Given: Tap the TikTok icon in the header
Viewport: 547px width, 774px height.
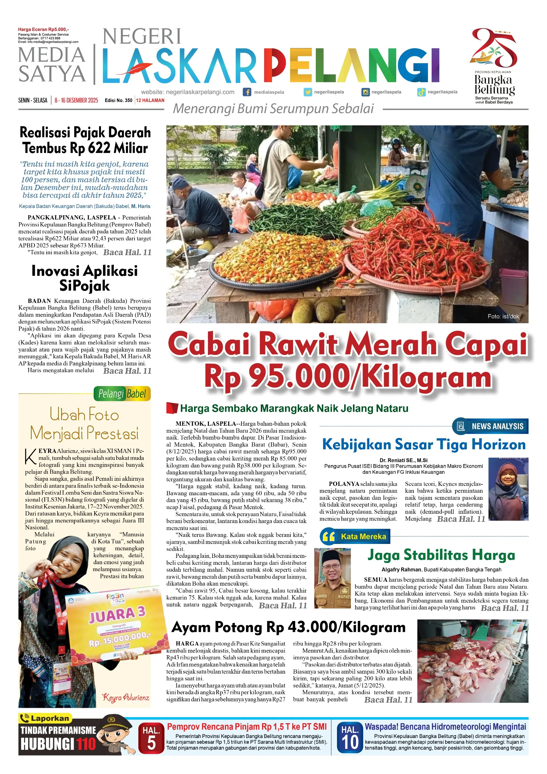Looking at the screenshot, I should (x=421, y=92).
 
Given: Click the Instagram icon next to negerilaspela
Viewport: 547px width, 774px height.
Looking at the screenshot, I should (x=365, y=92).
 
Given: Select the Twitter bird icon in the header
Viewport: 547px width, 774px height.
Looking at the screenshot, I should (x=307, y=92).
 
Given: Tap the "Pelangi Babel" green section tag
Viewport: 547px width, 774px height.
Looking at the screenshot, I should (x=122, y=394).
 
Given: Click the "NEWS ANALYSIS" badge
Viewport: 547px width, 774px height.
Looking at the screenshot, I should (x=491, y=426).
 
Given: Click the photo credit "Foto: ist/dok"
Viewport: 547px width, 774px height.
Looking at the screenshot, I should (x=503, y=317).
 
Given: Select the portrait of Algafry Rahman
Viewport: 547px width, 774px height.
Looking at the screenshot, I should (x=332, y=578).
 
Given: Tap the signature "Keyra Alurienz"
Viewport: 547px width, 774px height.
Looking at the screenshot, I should (x=126, y=698).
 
